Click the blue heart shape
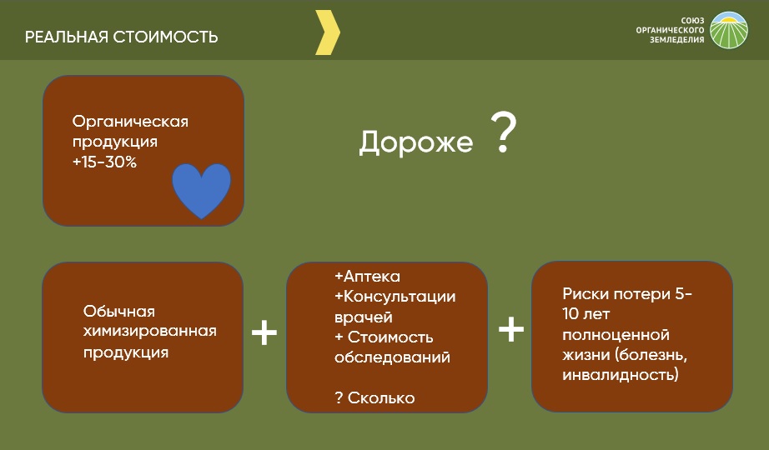[201, 191]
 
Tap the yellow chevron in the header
[328, 32]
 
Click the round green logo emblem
[729, 30]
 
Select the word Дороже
[416, 142]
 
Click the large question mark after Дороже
[504, 132]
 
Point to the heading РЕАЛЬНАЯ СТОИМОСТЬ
[121, 37]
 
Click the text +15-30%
[104, 162]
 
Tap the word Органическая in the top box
[130, 122]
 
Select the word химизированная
[149, 331]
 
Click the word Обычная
[118, 311]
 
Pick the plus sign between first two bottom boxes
[264, 332]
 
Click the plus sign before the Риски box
[511, 329]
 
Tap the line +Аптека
[367, 276]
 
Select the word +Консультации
[395, 297]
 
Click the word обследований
[392, 357]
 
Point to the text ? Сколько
[374, 397]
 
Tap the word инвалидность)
[621, 375]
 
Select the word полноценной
[616, 335]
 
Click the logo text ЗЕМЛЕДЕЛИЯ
[676, 40]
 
